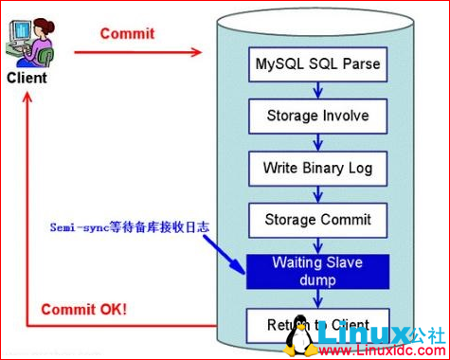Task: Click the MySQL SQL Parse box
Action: (x=317, y=65)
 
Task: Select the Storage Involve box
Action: (x=317, y=117)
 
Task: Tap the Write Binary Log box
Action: (x=317, y=169)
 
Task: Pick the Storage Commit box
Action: (x=317, y=220)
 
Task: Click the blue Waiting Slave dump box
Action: (x=317, y=271)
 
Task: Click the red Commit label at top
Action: (x=127, y=34)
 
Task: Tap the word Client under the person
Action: (x=27, y=78)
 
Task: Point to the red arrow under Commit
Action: (x=137, y=51)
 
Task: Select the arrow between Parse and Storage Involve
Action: (x=317, y=91)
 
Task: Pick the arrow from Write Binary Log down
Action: (x=317, y=194)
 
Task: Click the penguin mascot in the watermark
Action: (x=302, y=334)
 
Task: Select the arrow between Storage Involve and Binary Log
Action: (x=317, y=143)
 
